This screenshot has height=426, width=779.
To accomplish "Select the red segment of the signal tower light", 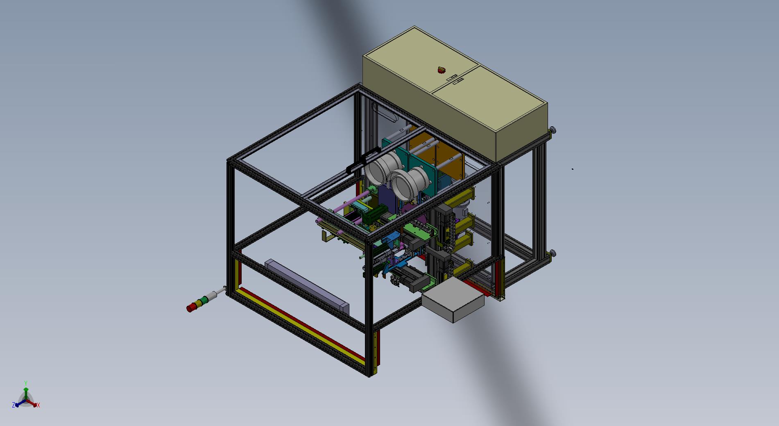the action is click(x=190, y=308).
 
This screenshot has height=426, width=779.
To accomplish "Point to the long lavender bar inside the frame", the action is click(x=307, y=285).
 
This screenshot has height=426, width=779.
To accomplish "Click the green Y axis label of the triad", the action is click(x=26, y=383).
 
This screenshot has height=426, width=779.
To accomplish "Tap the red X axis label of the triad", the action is click(x=38, y=405).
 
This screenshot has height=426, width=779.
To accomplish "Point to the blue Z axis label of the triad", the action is click(x=14, y=405).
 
